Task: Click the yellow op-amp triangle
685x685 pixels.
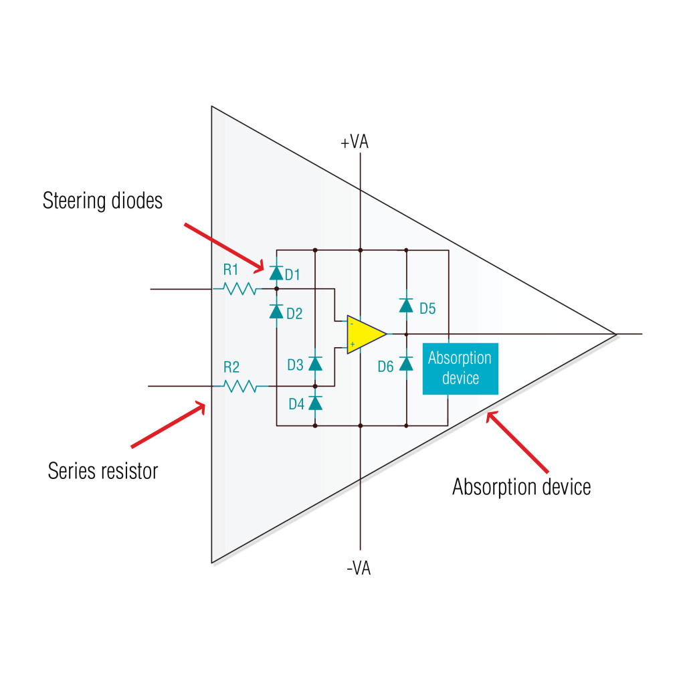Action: pos(363,333)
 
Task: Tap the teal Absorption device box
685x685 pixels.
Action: pos(460,368)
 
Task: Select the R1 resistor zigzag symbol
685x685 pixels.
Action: pos(239,289)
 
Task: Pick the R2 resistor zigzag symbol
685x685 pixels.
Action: pos(239,386)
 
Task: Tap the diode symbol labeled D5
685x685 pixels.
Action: pos(406,305)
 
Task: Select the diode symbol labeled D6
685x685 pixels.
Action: pos(406,363)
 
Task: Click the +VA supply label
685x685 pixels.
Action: pos(355,142)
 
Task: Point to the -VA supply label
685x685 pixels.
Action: pos(359,569)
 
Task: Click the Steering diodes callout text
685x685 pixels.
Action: pos(102,201)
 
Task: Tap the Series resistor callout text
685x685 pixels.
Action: pos(103,470)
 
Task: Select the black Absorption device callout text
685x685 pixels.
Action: pos(521,486)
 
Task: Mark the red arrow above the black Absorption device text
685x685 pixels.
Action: pos(518,442)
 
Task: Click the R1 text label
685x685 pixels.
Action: pos(231,270)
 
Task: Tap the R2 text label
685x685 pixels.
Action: pos(231,367)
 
